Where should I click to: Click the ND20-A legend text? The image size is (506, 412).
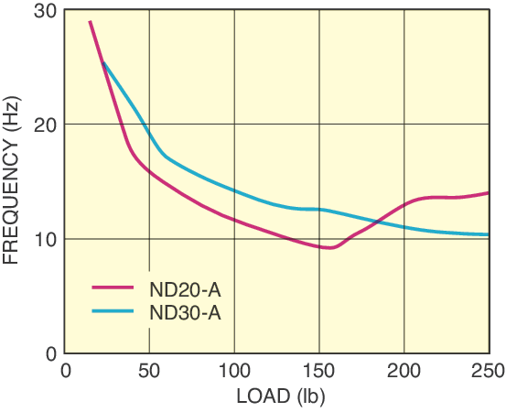tap(185, 289)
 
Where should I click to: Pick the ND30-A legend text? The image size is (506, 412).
tap(185, 312)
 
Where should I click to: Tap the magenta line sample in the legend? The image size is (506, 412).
tap(114, 288)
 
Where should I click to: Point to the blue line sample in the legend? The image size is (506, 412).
tap(114, 311)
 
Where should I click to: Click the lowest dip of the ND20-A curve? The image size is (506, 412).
tap(329, 247)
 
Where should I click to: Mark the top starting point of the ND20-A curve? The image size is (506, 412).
tap(90, 21)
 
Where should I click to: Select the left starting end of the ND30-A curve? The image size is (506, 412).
tap(103, 62)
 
